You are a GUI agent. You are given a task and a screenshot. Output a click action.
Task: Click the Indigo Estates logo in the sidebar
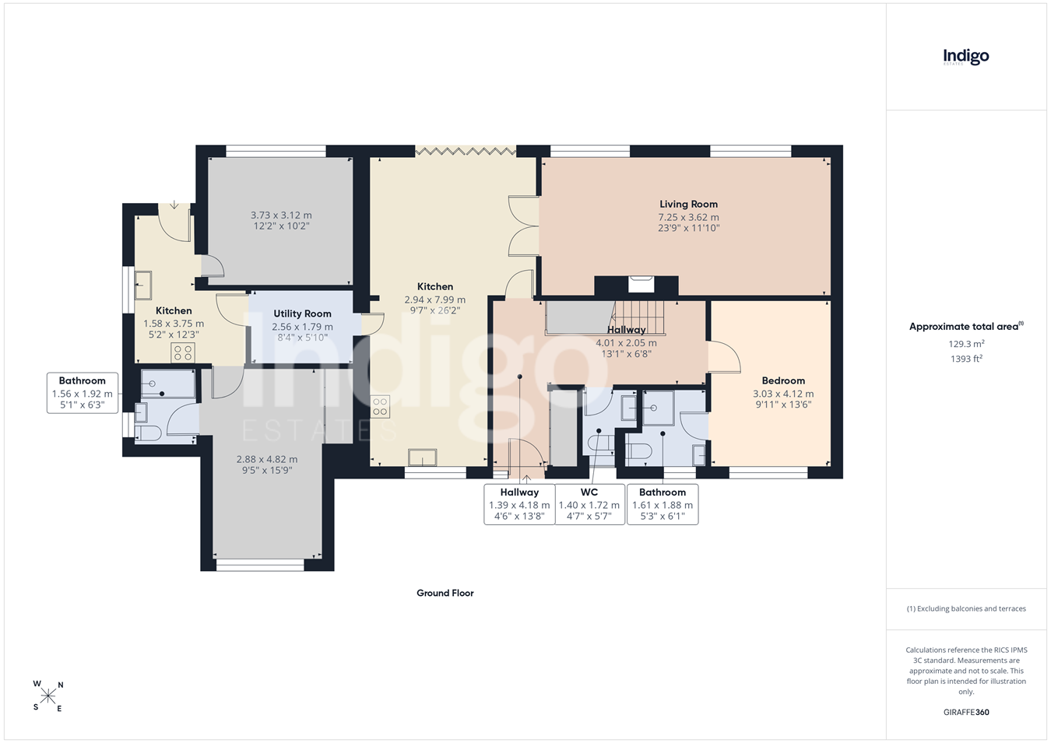(965, 58)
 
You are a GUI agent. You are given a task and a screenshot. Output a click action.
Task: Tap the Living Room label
(688, 205)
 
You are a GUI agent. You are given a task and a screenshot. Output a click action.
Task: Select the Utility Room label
(302, 314)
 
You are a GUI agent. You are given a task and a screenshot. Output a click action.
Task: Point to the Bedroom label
(783, 380)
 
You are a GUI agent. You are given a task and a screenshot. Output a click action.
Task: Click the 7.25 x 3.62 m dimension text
(688, 218)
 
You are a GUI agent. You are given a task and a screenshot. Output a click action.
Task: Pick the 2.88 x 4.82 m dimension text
(267, 459)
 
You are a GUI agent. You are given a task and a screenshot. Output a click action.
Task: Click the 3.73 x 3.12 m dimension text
(280, 216)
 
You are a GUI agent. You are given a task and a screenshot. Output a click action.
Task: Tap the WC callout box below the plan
(590, 504)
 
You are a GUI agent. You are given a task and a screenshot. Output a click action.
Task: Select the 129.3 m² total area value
(966, 344)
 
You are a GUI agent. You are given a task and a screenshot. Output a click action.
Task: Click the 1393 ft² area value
(966, 359)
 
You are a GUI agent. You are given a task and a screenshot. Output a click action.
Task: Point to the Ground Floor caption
(445, 593)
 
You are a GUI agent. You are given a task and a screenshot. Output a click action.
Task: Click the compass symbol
(47, 696)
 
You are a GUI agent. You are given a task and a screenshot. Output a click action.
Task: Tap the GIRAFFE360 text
(966, 712)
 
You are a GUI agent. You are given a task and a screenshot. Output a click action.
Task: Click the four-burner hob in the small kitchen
(183, 353)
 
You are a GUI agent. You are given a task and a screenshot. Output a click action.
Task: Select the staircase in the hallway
(639, 317)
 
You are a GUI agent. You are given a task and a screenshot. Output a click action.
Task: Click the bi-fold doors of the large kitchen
(466, 151)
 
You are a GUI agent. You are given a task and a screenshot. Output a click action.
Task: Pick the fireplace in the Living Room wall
(641, 284)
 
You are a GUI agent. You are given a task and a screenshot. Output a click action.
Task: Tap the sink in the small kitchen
(143, 285)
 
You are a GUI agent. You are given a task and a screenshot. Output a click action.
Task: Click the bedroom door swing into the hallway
(725, 357)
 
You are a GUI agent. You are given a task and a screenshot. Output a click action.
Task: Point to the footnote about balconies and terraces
(966, 608)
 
